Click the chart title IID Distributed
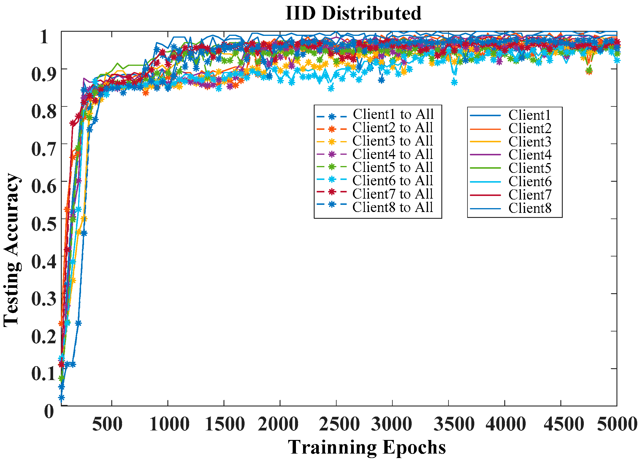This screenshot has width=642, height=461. [353, 14]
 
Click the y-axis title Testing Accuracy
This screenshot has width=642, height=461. [12, 250]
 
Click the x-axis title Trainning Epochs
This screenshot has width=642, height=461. [367, 447]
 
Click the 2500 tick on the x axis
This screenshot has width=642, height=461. [339, 424]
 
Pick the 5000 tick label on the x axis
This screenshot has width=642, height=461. [617, 424]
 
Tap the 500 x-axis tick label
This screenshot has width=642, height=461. [107, 424]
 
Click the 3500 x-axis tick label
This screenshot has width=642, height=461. [454, 424]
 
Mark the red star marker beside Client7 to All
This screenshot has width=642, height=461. [332, 192]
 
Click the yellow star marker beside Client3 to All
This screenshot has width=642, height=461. [332, 142]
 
